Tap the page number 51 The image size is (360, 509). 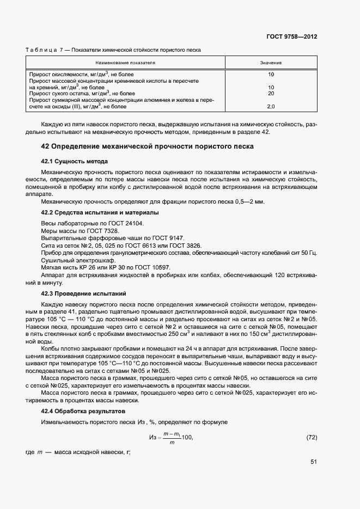(314, 462)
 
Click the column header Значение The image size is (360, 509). (271, 63)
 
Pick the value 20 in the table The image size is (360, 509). (271, 93)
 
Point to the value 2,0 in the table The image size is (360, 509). (271, 106)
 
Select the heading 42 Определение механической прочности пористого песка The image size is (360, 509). (147, 146)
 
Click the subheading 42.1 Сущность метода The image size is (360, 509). (75, 162)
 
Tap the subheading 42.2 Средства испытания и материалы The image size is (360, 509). (100, 212)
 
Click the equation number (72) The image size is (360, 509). (312, 437)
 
